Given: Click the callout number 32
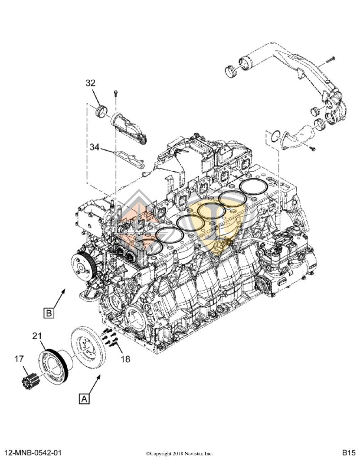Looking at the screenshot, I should (x=91, y=83).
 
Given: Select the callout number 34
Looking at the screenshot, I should (x=95, y=147).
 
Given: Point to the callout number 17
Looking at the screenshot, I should (x=19, y=359).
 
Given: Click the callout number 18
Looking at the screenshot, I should (x=126, y=359).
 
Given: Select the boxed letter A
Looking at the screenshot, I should (x=84, y=398).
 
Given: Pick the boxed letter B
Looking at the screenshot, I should (x=49, y=312).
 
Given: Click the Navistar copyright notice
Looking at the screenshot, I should (x=179, y=453).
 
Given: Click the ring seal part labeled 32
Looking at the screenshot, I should (x=103, y=110).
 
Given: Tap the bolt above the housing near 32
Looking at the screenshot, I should (x=116, y=94).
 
